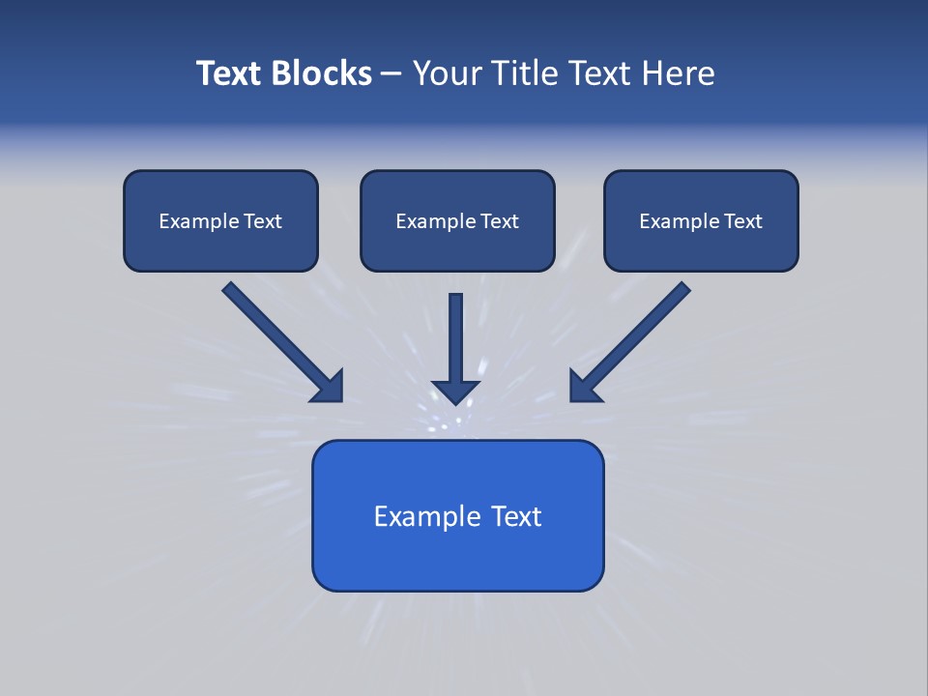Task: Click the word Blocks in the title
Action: click(x=323, y=73)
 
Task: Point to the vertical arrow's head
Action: click(x=455, y=391)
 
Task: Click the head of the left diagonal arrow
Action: click(x=329, y=387)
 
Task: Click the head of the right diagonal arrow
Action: click(x=584, y=387)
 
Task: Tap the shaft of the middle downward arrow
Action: click(x=455, y=333)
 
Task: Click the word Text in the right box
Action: click(x=742, y=221)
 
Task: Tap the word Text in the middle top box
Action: click(x=499, y=221)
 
